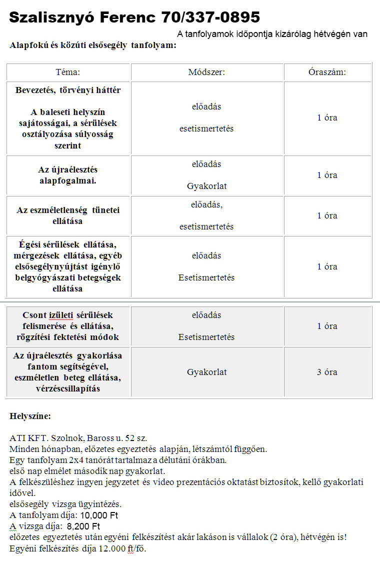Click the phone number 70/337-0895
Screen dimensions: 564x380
[210, 18]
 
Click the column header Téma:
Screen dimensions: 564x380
[68, 72]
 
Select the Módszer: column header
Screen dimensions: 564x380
[206, 72]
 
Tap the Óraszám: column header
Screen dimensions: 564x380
[327, 72]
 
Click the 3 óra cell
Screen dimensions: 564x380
[327, 372]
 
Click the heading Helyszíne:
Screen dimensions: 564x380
[30, 416]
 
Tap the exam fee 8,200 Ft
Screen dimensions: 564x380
[83, 526]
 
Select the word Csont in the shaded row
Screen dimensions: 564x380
[34, 315]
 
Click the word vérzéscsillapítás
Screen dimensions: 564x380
[68, 388]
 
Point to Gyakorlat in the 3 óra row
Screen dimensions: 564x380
[206, 372]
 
